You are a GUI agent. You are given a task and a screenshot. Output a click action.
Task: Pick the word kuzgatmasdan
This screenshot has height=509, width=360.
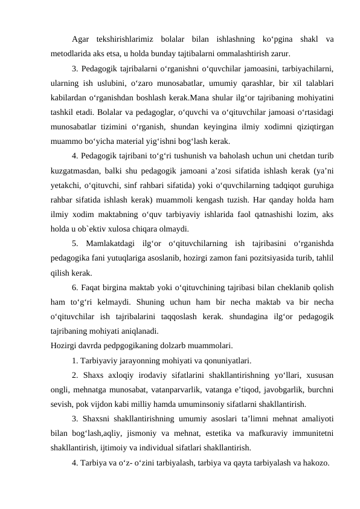coord(78,172)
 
